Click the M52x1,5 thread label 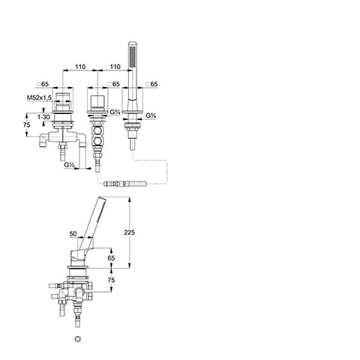39,97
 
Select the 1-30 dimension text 43,117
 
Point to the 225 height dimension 129,232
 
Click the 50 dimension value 73,234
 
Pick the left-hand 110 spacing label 80,67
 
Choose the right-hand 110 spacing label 115,67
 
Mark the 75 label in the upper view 26,124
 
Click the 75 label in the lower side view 111,280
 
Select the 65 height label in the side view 111,258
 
